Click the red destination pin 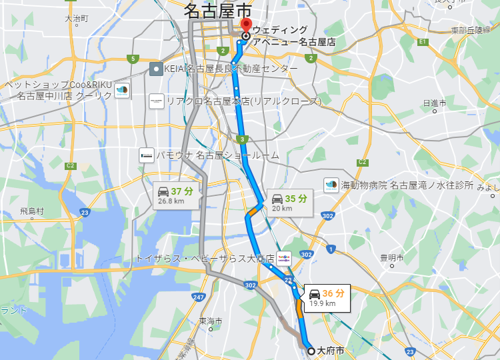[x=245, y=29]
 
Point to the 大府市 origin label [x=331, y=350]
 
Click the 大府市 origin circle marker [x=311, y=350]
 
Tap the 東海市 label [x=210, y=321]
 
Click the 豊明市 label [x=392, y=257]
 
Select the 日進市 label [x=434, y=103]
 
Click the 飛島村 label [x=31, y=211]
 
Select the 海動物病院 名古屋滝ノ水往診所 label [x=407, y=185]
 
